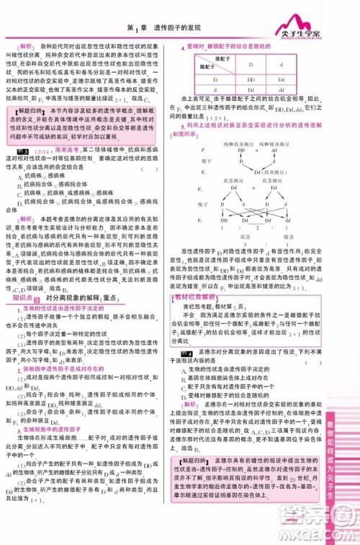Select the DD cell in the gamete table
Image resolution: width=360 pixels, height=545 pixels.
[x=251, y=80]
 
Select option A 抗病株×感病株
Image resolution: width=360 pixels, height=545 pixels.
[x=37, y=174]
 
